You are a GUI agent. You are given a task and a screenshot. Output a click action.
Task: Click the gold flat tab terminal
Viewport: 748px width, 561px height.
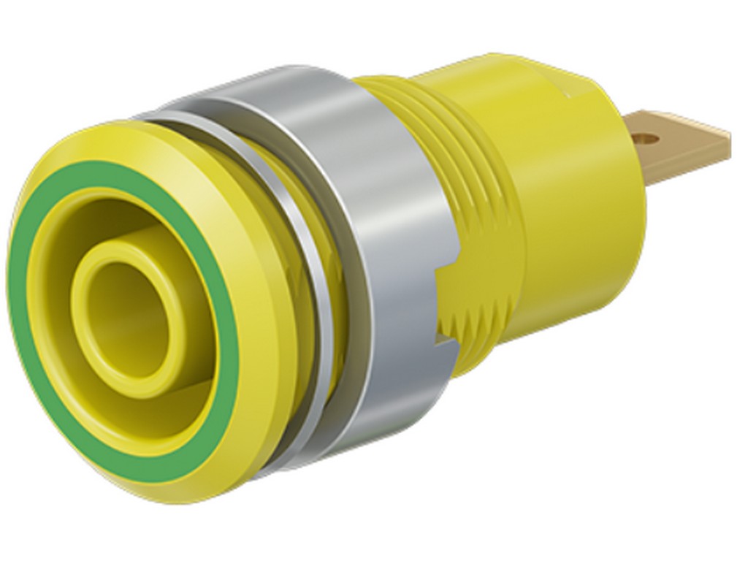click(x=679, y=146)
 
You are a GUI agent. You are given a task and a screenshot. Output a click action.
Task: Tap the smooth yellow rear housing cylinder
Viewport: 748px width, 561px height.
click(x=584, y=219)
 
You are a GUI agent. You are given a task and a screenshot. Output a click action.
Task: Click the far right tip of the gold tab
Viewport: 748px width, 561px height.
click(x=728, y=136)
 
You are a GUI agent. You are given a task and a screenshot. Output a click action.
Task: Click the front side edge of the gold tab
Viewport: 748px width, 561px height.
click(x=687, y=165)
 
